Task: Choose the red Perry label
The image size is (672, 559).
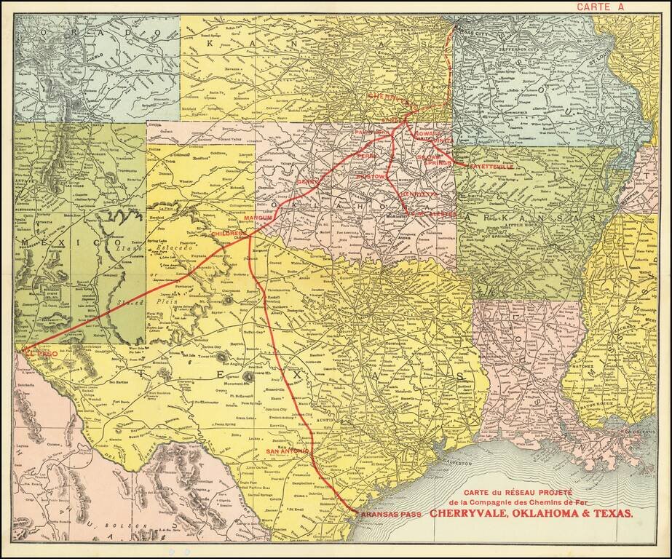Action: [x=366, y=156]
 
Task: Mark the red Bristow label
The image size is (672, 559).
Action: [x=371, y=177]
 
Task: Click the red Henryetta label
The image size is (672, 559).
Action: [x=418, y=194]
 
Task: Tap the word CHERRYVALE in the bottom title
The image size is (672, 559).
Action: [x=475, y=512]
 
